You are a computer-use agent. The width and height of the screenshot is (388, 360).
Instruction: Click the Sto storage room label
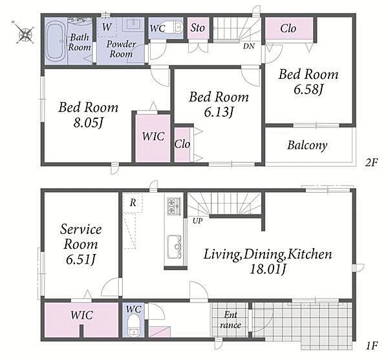[197, 28]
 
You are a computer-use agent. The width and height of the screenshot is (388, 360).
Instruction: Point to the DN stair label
[249, 46]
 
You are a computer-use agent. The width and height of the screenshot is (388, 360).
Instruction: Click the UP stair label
[197, 221]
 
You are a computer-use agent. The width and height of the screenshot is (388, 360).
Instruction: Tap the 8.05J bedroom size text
[88, 122]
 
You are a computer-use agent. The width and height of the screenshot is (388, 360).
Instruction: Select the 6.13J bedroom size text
[219, 112]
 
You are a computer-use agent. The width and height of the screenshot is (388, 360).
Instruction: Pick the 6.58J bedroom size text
[308, 89]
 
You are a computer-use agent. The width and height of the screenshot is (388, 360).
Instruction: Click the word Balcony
[307, 145]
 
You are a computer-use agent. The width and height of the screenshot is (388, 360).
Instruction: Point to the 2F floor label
[371, 162]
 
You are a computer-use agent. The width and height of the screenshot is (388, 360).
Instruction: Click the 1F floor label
[372, 345]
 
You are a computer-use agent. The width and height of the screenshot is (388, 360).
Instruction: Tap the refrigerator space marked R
[133, 203]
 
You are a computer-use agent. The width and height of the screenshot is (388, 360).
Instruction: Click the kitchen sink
[174, 246]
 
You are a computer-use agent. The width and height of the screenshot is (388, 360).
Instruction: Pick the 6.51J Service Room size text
[81, 259]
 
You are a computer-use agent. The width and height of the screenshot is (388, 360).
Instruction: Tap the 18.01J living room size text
[268, 269]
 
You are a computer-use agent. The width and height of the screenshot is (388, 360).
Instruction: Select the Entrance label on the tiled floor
[230, 320]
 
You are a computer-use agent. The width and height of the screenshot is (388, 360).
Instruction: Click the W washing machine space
[107, 27]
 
